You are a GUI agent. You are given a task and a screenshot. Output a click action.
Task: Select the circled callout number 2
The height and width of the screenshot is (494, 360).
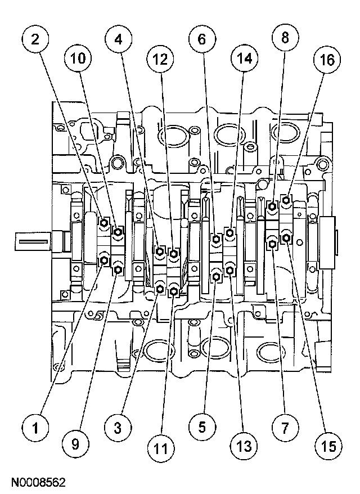(x=35, y=39)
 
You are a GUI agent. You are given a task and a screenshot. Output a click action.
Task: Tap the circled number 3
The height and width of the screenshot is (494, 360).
(x=118, y=428)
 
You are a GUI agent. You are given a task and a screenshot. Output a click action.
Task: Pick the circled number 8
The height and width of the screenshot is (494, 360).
(x=283, y=39)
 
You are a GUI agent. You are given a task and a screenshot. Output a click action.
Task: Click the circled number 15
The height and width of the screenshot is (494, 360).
(x=325, y=446)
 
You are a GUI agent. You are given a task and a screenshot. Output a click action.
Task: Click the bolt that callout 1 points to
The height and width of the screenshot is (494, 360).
(x=105, y=260)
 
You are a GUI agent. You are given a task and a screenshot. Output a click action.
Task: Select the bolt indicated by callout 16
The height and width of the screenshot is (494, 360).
(x=286, y=199)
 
